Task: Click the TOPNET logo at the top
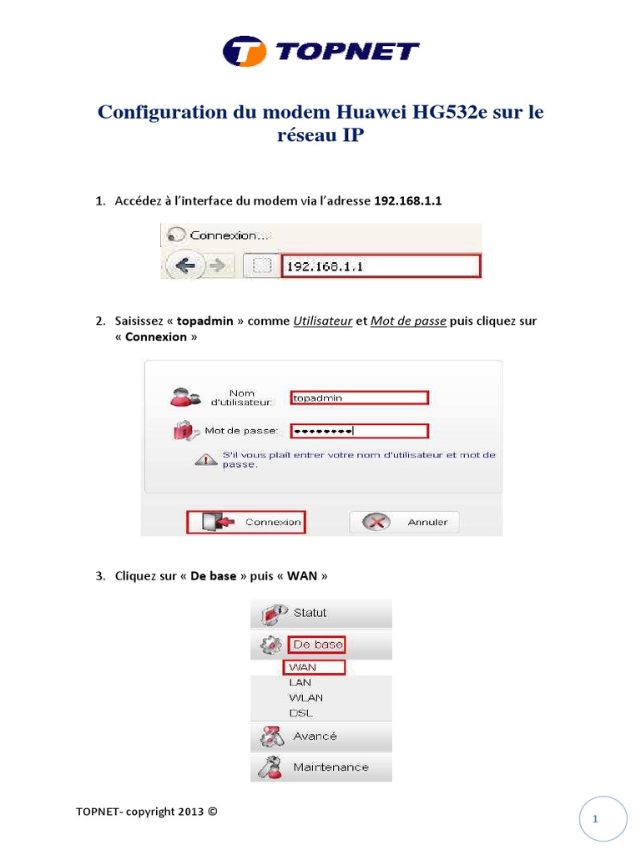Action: point(320,51)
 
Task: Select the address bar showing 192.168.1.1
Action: point(380,266)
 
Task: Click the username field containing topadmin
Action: point(359,398)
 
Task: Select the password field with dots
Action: point(359,431)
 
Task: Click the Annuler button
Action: point(404,523)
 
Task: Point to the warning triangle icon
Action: point(205,459)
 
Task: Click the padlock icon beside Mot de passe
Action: point(182,431)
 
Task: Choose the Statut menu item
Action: point(310,613)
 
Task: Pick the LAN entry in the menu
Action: point(300,682)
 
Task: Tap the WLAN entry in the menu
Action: point(305,697)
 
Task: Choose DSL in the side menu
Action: point(300,713)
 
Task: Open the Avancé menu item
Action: point(315,736)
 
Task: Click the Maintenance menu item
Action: point(330,766)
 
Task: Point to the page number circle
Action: point(596,819)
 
